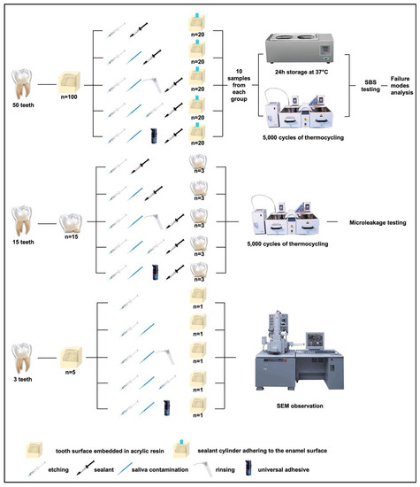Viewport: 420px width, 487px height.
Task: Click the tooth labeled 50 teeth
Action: coord(22,84)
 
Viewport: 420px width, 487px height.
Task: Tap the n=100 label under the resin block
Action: coord(69,97)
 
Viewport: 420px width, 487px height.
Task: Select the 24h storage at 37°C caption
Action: coord(302,72)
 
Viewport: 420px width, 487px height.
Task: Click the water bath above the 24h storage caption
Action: coord(300,48)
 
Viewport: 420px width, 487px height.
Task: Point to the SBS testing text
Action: coord(370,86)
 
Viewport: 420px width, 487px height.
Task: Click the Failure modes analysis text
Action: coord(401,85)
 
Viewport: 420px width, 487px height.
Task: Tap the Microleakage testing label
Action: coord(378,222)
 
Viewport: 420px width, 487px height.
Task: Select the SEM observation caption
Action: coord(300,406)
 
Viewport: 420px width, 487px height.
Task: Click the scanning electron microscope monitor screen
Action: coord(315,341)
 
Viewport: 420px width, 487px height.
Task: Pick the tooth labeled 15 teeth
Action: coord(22,220)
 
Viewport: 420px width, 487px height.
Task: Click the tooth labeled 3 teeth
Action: coord(22,359)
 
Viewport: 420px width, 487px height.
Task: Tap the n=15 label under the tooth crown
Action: coord(72,237)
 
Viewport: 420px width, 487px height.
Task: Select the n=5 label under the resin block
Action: coord(71,372)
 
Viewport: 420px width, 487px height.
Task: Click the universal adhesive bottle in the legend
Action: coord(248,468)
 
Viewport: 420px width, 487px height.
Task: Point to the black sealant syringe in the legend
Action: coord(85,468)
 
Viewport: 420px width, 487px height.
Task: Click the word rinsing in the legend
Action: coord(225,470)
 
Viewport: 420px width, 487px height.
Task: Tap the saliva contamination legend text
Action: coord(160,470)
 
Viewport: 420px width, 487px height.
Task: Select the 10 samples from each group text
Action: coord(239,85)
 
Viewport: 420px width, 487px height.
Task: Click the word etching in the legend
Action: coord(58,470)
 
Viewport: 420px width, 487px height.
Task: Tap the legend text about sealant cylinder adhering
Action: coord(263,451)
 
